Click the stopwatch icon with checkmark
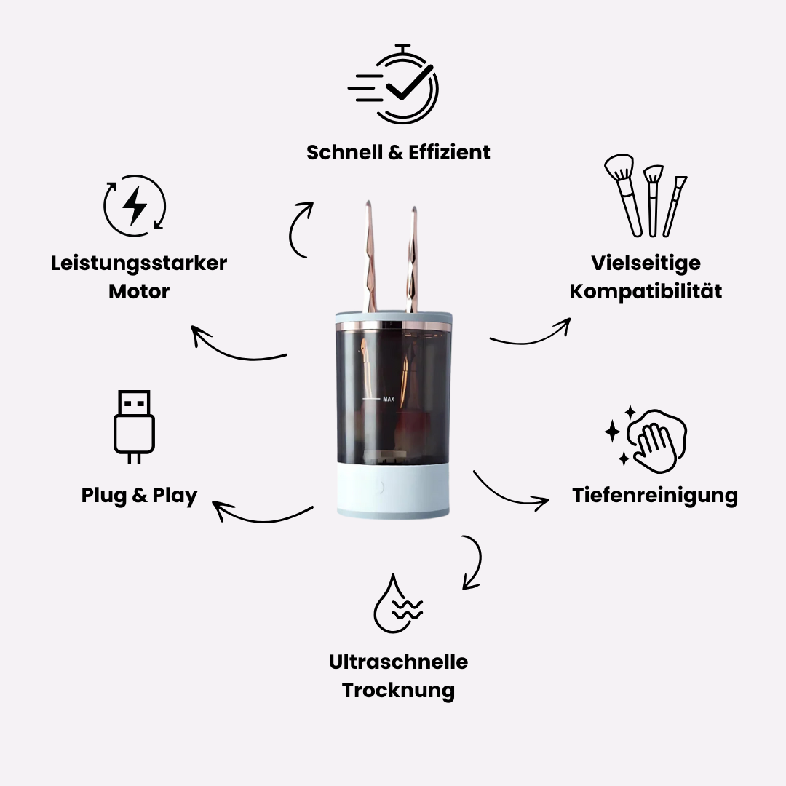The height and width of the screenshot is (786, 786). click(x=394, y=84)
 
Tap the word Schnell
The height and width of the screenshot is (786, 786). click(x=344, y=152)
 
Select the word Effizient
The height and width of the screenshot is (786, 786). click(x=449, y=152)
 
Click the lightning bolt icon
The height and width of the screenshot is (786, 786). click(x=135, y=205)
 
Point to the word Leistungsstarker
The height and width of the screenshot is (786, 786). click(x=139, y=263)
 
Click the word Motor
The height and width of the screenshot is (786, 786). click(x=139, y=291)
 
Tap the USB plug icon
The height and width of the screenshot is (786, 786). click(x=134, y=426)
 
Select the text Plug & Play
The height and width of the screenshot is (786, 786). click(x=139, y=496)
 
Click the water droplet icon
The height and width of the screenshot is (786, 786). click(x=398, y=603)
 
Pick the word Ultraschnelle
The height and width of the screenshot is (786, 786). click(x=399, y=662)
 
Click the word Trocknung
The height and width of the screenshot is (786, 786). click(x=399, y=690)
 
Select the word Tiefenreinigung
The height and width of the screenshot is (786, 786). click(x=655, y=496)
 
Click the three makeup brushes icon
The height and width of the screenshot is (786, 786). click(x=646, y=196)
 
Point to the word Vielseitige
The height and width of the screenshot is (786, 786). click(x=646, y=263)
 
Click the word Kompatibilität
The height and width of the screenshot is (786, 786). click(x=646, y=291)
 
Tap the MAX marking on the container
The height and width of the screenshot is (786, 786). click(x=389, y=399)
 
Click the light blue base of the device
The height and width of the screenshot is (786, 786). click(x=393, y=490)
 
